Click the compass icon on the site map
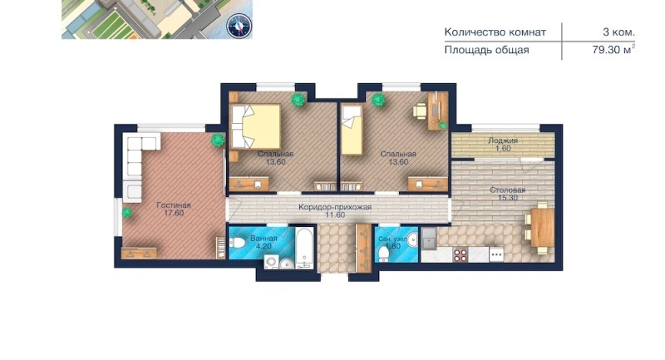click(x=239, y=26)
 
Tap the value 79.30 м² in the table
click(x=613, y=50)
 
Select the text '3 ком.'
click(x=618, y=32)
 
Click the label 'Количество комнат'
click(x=495, y=32)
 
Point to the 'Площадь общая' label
click(x=486, y=50)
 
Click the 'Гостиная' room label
click(x=174, y=205)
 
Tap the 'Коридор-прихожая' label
click(x=335, y=207)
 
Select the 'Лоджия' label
click(x=503, y=141)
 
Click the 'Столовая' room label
click(x=508, y=190)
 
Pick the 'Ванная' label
click(x=264, y=239)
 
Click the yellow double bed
click(x=256, y=126)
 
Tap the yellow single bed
click(x=352, y=130)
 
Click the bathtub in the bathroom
click(x=304, y=249)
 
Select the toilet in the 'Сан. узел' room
click(x=384, y=254)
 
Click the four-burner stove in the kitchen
click(x=461, y=254)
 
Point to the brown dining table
click(x=543, y=227)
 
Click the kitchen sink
click(x=429, y=239)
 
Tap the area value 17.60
click(x=174, y=213)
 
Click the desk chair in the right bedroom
click(x=420, y=111)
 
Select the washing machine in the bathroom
click(x=271, y=262)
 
